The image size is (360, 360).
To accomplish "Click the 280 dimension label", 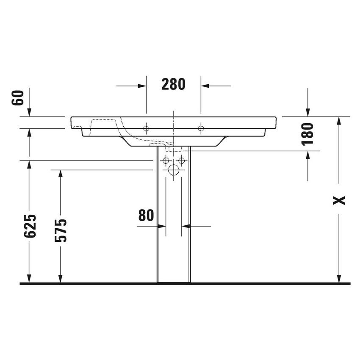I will pyautogui.click(x=173, y=85).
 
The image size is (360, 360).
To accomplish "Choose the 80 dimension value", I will pyautogui.click(x=146, y=216).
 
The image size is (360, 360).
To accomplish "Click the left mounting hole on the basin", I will pyautogui.click(x=147, y=128).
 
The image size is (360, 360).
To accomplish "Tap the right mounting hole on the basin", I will pyautogui.click(x=201, y=128).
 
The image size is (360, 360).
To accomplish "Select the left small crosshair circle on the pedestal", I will pyautogui.click(x=166, y=161).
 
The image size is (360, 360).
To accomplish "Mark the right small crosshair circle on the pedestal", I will pyautogui.click(x=182, y=161).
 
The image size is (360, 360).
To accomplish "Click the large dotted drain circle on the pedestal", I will pyautogui.click(x=174, y=170).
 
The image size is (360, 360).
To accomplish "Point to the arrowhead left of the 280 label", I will pyautogui.click(x=141, y=86).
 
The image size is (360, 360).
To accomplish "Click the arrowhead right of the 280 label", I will pyautogui.click(x=206, y=86).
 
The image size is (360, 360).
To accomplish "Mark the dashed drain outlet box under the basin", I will pyautogui.click(x=174, y=149).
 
